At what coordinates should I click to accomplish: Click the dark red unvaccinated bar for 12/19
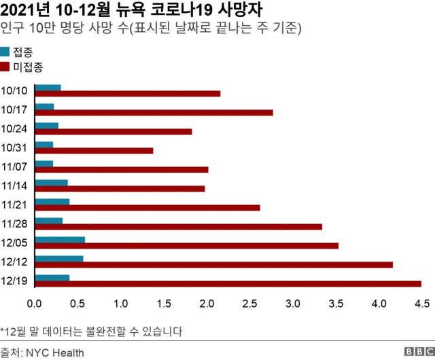(228, 284)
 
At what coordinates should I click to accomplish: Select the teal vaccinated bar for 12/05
(60, 239)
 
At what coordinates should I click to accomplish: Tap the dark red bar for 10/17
(154, 113)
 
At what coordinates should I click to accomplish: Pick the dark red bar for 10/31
(94, 151)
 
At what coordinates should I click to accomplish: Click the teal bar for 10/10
(48, 88)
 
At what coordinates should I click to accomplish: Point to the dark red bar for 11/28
(178, 227)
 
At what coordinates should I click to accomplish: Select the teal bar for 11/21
(52, 202)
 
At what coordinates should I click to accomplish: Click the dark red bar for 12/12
(213, 265)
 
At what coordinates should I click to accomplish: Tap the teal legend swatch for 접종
(5, 52)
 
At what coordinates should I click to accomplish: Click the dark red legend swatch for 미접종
(5, 67)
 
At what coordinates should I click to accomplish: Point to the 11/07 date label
(14, 166)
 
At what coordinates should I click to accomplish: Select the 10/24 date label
(14, 128)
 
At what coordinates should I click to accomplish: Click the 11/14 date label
(14, 185)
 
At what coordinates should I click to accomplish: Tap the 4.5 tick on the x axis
(421, 302)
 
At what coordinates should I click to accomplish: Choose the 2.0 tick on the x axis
(207, 302)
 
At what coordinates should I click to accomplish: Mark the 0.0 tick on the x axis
(35, 302)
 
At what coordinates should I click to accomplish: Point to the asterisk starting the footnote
(3, 330)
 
